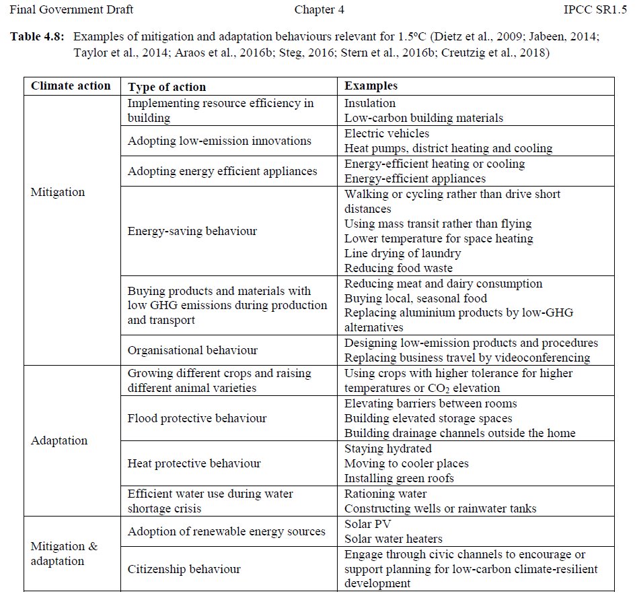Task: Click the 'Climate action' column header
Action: [x=71, y=86]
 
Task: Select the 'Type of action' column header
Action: [x=167, y=86]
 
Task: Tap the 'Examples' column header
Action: [x=371, y=86]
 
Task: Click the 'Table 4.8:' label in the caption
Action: [x=38, y=38]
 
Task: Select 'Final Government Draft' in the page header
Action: [x=71, y=9]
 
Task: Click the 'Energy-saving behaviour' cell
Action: [x=192, y=231]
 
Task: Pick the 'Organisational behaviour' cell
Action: [x=192, y=350]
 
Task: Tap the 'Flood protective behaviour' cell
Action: [x=197, y=418]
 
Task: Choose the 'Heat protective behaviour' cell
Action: [x=194, y=463]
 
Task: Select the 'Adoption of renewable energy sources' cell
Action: [x=227, y=531]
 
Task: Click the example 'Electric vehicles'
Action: [x=387, y=133]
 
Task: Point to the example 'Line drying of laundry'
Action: [x=402, y=253]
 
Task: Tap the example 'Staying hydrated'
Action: [x=388, y=448]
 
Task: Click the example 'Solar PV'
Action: [x=367, y=524]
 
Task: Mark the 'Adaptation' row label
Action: [x=59, y=440]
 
